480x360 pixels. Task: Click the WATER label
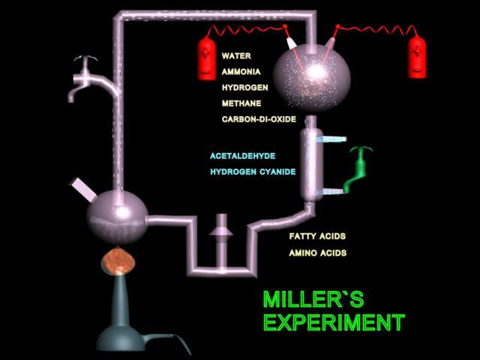click(x=236, y=56)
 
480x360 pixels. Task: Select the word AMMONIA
click(x=241, y=72)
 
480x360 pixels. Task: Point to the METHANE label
click(x=241, y=103)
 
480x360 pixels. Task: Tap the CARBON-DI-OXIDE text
click(x=259, y=119)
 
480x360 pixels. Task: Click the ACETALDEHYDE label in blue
click(x=243, y=156)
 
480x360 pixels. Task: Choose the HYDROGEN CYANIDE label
click(x=253, y=172)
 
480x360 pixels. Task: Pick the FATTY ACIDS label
click(x=317, y=236)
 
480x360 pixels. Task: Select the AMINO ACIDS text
click(x=318, y=253)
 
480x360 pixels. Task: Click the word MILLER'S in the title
click(x=313, y=299)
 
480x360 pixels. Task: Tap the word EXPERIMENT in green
click(x=334, y=322)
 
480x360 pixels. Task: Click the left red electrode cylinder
click(x=207, y=58)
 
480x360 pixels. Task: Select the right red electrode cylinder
click(x=417, y=57)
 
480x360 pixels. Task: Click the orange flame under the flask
click(x=118, y=262)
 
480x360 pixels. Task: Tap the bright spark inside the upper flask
click(x=316, y=72)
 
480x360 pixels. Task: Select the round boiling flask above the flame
click(x=117, y=217)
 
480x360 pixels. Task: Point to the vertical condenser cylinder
click(x=312, y=165)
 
